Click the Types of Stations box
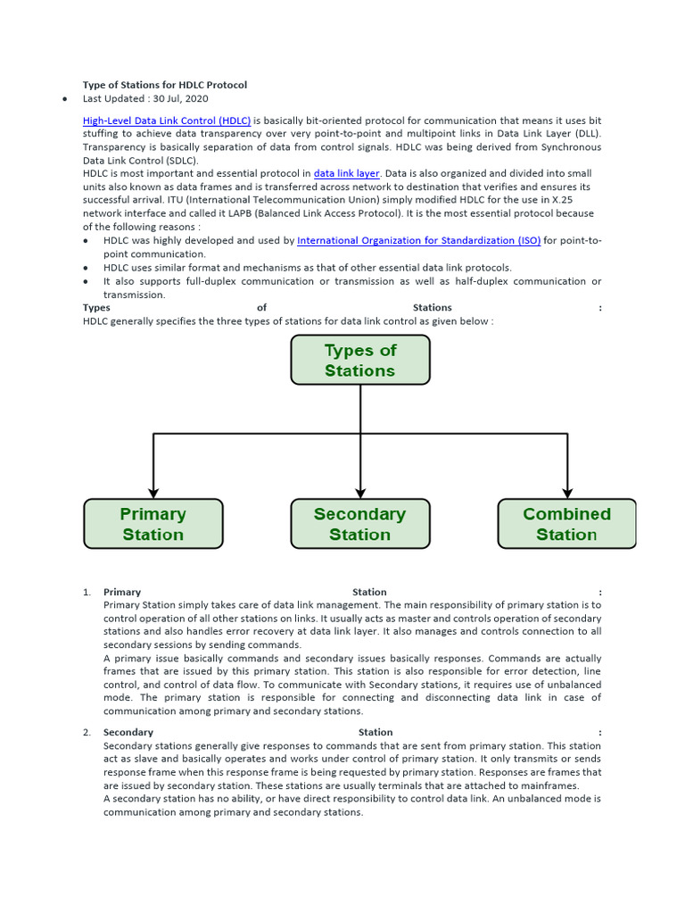pos(359,360)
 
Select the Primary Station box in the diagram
pos(153,524)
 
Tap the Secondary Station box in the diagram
pos(359,524)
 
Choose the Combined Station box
pos(566,524)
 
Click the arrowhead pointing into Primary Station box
pos(153,492)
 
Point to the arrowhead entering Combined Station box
pos(567,492)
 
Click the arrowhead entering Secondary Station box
pos(360,492)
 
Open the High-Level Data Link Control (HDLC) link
pos(167,120)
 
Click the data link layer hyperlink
pos(346,173)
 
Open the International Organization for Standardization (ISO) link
pos(418,240)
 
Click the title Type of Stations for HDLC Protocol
pos(165,85)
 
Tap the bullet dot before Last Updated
pos(66,99)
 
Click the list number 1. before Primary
pos(87,592)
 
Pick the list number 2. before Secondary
pos(87,732)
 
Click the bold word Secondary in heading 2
pos(128,732)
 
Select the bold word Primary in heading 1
pos(122,592)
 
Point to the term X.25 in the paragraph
pos(586,200)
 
